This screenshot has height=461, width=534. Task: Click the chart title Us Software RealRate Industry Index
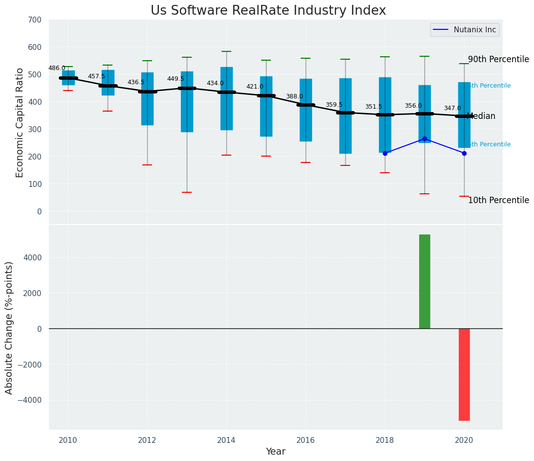pos(268,11)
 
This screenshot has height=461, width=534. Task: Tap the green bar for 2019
pos(424,281)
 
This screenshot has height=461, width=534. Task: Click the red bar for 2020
pos(464,374)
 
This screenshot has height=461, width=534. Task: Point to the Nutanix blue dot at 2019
pos(424,139)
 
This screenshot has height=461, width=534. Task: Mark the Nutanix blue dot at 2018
pos(385,153)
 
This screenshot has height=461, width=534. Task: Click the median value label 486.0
pos(57,68)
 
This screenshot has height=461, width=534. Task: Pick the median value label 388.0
pos(294,96)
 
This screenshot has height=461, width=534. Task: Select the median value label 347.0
pos(452,108)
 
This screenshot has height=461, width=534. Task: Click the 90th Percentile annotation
pos(498,59)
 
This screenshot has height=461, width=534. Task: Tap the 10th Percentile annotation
pos(498,200)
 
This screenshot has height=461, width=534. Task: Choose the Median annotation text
pos(481,116)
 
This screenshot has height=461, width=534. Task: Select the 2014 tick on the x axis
pos(226,440)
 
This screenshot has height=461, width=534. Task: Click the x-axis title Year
pos(275,452)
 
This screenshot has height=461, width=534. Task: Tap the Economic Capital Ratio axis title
pos(20,122)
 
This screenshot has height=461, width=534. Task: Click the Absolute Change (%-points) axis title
pos(9,327)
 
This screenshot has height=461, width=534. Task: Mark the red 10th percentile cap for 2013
pos(187,192)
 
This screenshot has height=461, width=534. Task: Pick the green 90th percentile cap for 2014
pos(226,51)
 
